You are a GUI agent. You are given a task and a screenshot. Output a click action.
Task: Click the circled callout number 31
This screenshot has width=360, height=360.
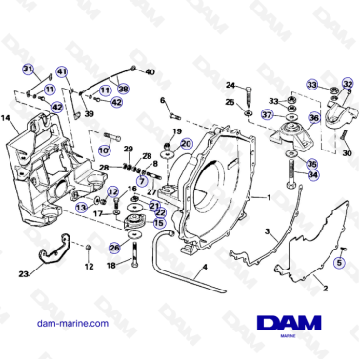coord(29,69)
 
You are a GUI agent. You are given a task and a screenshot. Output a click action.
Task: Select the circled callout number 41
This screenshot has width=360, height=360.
coord(62,72)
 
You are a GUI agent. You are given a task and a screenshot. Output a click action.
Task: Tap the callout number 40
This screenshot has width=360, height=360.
coord(150,71)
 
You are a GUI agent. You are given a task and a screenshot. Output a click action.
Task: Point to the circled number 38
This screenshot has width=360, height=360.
coord(123,89)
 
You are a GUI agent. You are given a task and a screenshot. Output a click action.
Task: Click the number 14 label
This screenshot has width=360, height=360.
coord(7,118)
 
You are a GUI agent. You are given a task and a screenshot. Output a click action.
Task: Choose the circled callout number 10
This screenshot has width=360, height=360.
coord(103,150)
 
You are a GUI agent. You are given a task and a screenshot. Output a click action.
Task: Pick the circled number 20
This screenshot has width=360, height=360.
coord(186,144)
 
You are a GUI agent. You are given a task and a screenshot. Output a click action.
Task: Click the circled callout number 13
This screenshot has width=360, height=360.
coord(82,206)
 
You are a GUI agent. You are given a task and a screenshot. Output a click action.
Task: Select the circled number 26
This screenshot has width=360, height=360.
coord(114,249)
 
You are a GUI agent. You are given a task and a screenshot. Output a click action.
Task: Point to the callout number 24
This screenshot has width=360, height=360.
coord(230,86)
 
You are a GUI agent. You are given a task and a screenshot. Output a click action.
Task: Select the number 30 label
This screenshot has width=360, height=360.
coord(347,152)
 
